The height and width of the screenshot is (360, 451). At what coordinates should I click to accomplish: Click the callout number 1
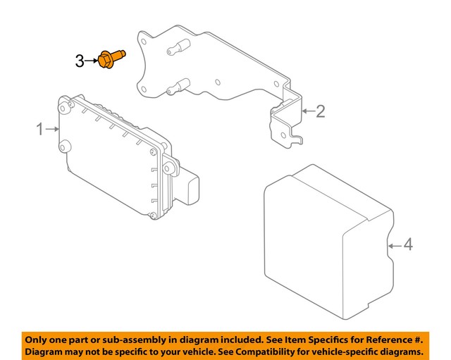pyautogui.click(x=40, y=129)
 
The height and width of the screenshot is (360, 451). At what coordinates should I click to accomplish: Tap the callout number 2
pyautogui.click(x=320, y=111)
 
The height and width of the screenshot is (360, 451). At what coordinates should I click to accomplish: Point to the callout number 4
pyautogui.click(x=407, y=245)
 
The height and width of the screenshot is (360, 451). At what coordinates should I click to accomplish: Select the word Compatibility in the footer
pyautogui.click(x=262, y=351)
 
